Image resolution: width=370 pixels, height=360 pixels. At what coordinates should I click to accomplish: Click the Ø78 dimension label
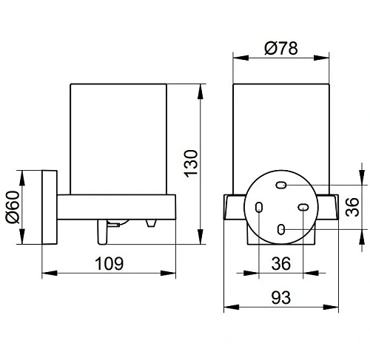click(281, 48)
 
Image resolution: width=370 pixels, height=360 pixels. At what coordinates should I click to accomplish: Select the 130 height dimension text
click(191, 163)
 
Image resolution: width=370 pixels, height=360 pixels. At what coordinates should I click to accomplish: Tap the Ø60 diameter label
click(13, 207)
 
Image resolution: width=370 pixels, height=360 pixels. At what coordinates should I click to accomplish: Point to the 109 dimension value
click(110, 263)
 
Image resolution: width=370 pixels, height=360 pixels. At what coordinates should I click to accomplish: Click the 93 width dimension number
click(281, 298)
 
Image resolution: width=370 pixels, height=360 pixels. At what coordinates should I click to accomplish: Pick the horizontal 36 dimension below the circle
click(281, 263)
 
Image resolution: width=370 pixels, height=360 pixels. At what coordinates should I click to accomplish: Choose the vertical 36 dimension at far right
click(352, 207)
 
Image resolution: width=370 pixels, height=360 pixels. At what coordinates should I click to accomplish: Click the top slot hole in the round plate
click(281, 185)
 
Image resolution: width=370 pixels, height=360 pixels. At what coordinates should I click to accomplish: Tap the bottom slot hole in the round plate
click(281, 229)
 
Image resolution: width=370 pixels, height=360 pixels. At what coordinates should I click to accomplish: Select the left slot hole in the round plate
click(259, 207)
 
